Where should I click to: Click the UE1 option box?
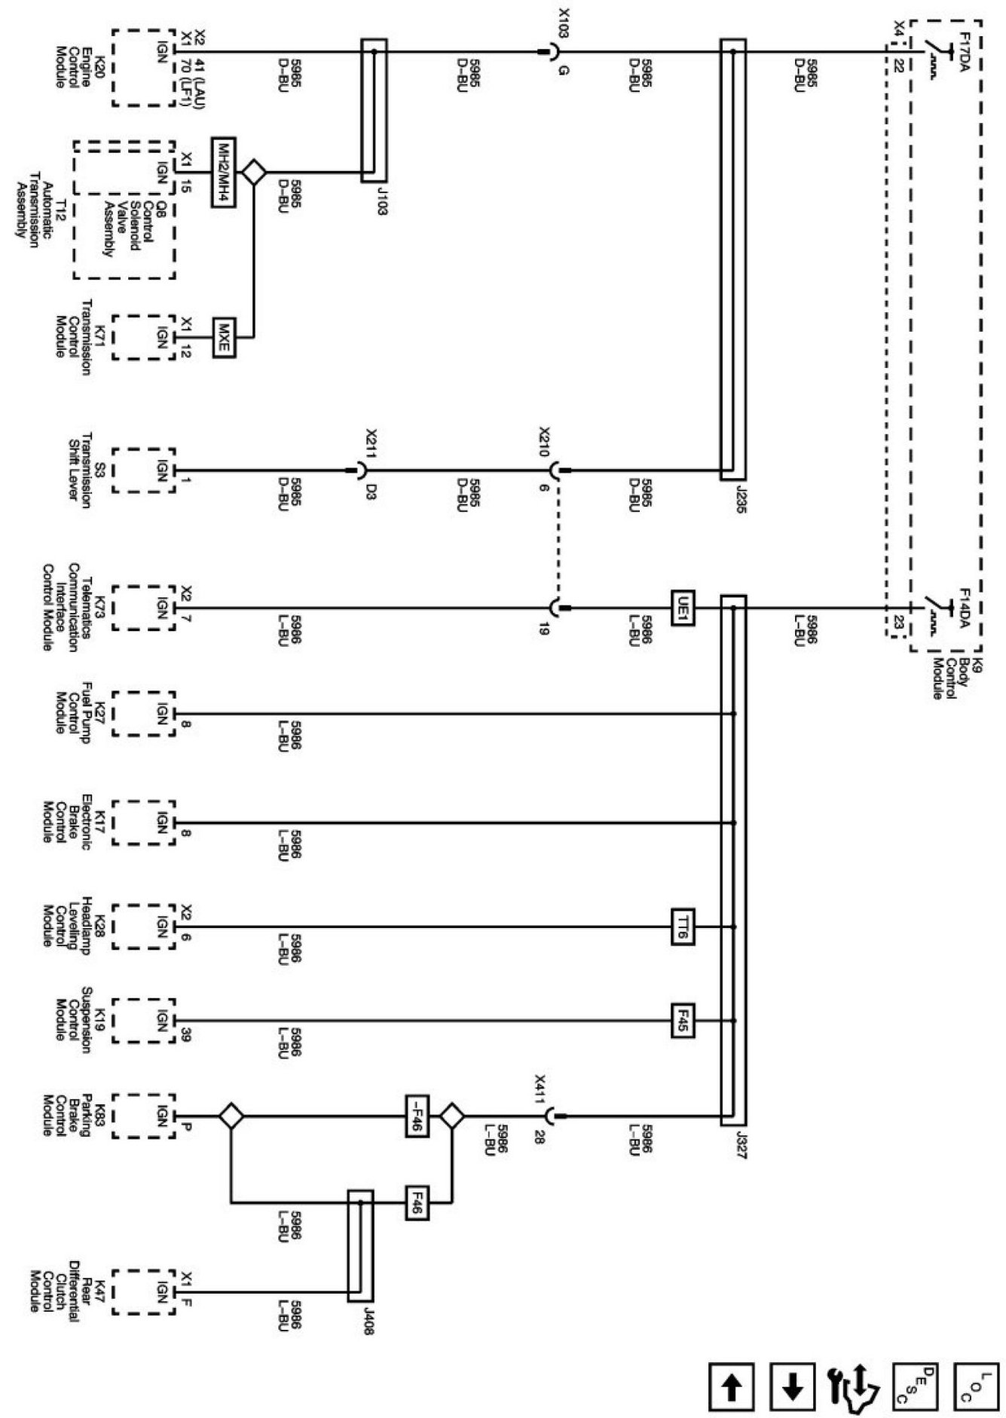[x=683, y=608]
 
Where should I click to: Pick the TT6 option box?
[x=683, y=926]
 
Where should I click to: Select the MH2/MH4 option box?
[x=224, y=173]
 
